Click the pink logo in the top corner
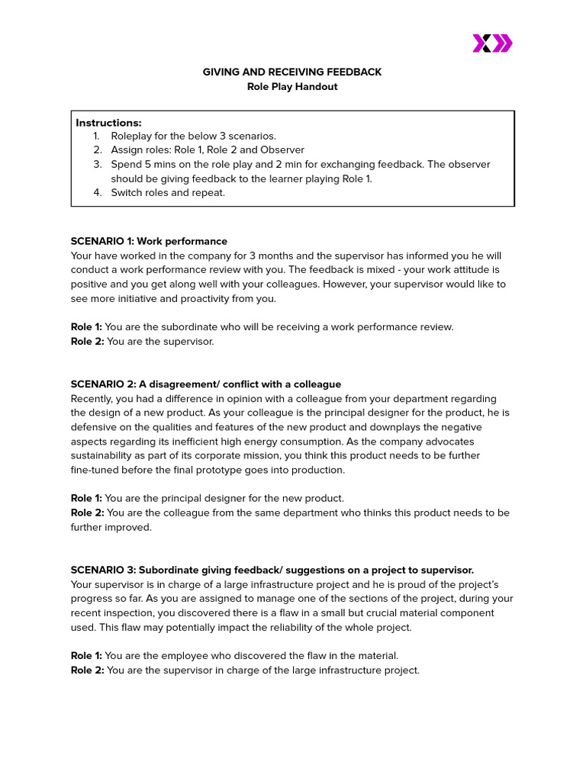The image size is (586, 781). [492, 43]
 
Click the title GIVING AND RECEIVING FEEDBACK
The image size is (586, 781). [292, 72]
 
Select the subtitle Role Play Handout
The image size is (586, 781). [292, 87]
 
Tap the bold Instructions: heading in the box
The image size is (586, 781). [108, 123]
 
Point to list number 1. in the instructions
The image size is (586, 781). [97, 137]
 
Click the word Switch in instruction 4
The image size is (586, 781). [127, 193]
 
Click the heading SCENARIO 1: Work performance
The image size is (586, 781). [149, 242]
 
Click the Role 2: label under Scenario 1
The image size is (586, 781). [87, 342]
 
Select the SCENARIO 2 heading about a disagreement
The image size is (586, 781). [206, 384]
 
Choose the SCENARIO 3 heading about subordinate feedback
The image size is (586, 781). [272, 570]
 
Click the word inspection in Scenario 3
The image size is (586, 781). [134, 613]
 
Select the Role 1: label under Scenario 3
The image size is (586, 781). [87, 656]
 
